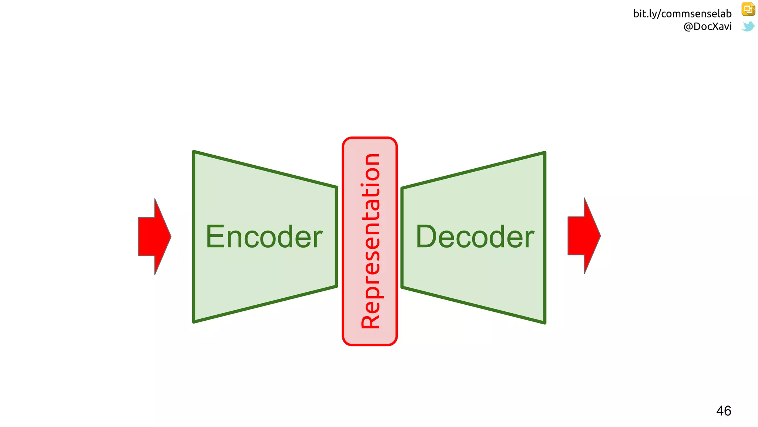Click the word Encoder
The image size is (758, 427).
264,237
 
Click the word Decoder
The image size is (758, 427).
475,237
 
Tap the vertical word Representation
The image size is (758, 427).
370,241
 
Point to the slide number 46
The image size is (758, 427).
724,411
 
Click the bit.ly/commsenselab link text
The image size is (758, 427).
682,14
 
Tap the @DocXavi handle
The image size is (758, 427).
707,26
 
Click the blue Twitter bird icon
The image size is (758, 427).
748,26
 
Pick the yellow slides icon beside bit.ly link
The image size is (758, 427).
748,9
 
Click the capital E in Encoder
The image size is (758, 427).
215,237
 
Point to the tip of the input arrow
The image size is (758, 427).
170,236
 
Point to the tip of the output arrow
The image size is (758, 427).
600,236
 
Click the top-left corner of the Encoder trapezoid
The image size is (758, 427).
194,152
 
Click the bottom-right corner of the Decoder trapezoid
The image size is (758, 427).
545,322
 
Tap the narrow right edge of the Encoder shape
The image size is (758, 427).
336,237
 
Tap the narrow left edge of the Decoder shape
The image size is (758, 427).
402,237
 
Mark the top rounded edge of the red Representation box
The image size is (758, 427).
370,138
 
